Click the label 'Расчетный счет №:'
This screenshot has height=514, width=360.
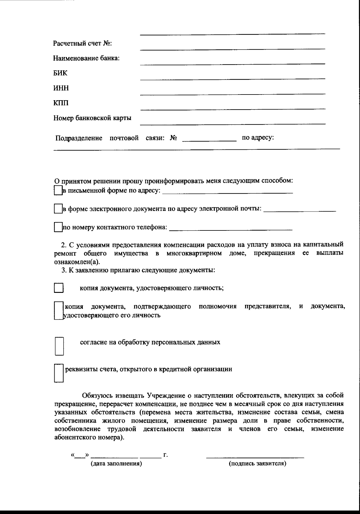[x=82, y=44]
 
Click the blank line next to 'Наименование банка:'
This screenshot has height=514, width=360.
[x=232, y=63]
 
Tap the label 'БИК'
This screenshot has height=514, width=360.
[x=60, y=73]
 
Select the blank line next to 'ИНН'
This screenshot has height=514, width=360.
[x=232, y=94]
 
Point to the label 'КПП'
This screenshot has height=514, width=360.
[x=61, y=103]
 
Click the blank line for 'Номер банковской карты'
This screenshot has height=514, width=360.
[x=232, y=123]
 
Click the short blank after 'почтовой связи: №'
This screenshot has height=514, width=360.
[x=209, y=140]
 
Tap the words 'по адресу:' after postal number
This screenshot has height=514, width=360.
[x=258, y=138]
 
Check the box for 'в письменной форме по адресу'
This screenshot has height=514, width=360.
[x=58, y=191]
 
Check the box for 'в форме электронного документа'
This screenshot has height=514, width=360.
[x=58, y=209]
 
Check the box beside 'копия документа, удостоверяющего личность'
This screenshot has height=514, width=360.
[x=58, y=288]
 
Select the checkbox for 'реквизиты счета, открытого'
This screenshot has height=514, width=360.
[x=58, y=373]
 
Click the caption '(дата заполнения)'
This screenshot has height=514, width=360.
[x=116, y=472]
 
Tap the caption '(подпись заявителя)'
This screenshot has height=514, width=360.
[x=257, y=472]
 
